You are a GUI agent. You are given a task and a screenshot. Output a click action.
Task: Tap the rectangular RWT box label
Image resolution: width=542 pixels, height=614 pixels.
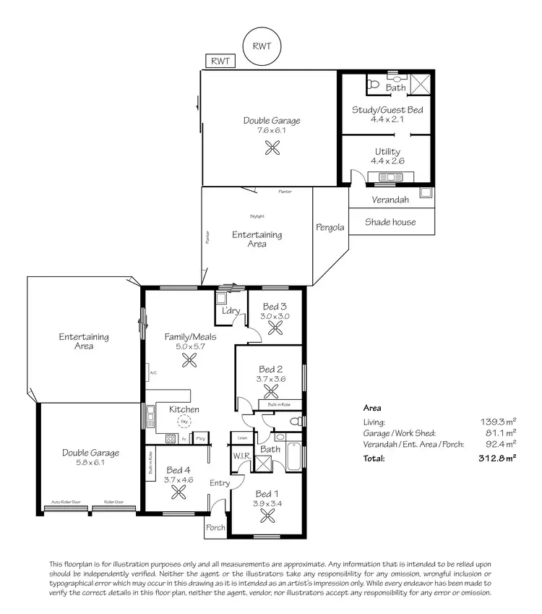click(x=220, y=61)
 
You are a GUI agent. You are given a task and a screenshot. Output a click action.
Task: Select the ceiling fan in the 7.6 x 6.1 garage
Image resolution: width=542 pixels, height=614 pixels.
click(x=272, y=148)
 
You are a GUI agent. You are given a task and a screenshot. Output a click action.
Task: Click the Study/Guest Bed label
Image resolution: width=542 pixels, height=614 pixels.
click(x=387, y=110)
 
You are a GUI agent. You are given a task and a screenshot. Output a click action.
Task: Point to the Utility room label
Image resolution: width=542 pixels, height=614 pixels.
click(x=387, y=152)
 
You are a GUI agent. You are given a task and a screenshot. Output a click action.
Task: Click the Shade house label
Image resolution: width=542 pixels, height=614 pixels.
click(x=390, y=222)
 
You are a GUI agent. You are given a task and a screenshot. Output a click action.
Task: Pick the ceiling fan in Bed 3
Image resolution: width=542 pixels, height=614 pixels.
click(x=275, y=328)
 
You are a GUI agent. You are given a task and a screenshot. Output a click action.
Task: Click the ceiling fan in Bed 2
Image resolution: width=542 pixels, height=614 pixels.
click(x=272, y=391)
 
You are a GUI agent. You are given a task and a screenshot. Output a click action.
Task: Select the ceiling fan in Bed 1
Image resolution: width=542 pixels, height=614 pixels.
click(x=268, y=516)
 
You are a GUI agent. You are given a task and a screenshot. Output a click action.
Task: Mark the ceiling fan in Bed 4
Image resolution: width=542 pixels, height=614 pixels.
click(x=178, y=492)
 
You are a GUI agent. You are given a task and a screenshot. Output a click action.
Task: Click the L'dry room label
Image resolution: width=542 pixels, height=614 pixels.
click(x=231, y=311)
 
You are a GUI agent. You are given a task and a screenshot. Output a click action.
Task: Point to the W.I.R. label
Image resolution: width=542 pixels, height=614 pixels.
click(x=241, y=456)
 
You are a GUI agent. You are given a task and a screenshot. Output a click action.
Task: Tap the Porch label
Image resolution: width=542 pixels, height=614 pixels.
click(x=216, y=527)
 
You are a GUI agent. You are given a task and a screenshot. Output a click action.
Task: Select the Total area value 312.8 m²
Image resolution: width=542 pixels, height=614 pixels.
click(x=499, y=459)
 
